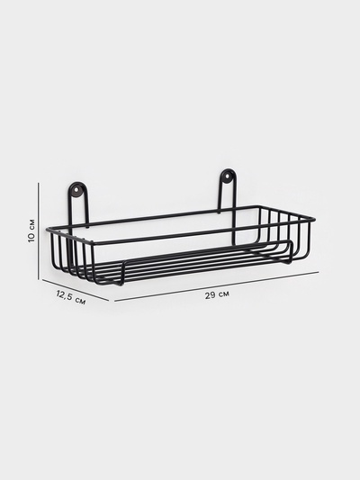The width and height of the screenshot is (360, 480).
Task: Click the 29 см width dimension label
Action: (217, 294)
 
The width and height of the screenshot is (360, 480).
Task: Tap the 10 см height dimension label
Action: (31, 231)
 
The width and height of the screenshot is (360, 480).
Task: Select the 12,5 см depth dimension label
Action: (71, 297)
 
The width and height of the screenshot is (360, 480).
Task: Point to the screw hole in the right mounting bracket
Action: (227, 176)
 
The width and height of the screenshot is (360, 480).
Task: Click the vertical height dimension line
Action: (39, 231)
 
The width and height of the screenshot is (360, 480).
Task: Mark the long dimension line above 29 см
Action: (217, 286)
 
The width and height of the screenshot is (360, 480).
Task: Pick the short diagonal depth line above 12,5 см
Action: (76, 290)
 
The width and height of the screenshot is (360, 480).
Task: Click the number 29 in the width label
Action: (210, 295)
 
